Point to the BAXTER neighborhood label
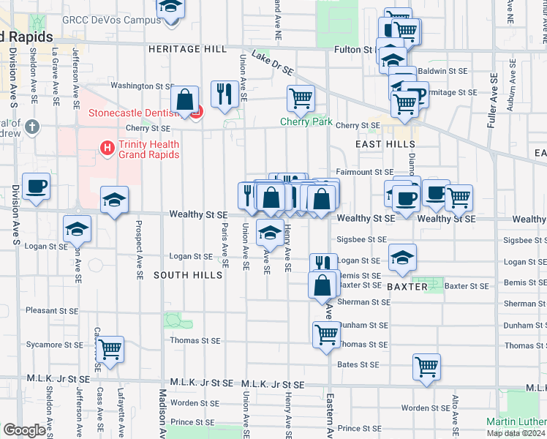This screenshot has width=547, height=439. [407, 287]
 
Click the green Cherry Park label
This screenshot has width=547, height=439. [306, 122]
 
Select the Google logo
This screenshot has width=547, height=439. [24, 429]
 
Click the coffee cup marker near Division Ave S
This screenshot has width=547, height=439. [36, 187]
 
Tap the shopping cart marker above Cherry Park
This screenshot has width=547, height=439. [301, 98]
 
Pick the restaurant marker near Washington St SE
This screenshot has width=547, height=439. [224, 93]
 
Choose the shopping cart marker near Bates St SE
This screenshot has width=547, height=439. [426, 367]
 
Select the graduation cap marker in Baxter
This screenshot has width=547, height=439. [401, 258]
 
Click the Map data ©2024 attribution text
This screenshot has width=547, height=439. [516, 433]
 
